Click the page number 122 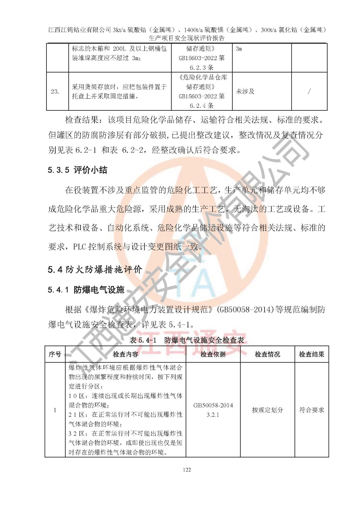coord(187,470)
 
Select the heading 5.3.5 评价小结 coord(77,170)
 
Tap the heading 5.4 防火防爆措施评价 coord(95,270)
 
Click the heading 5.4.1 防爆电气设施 coord(86,290)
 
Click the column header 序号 coord(55,354)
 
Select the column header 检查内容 coord(125,354)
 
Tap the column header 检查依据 coord(213,354)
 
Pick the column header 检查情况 coord(267,354)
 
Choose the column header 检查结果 coord(312,354)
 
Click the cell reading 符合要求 coord(312,410)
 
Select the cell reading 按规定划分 coord(267,410)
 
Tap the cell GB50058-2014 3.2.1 coord(213,410)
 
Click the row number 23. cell coord(55,92)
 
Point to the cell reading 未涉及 coord(245,92)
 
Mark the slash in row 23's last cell coord(309,92)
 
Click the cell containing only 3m coord(239,49)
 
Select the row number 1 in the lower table coord(55,410)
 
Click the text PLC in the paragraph coord(80,247)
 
